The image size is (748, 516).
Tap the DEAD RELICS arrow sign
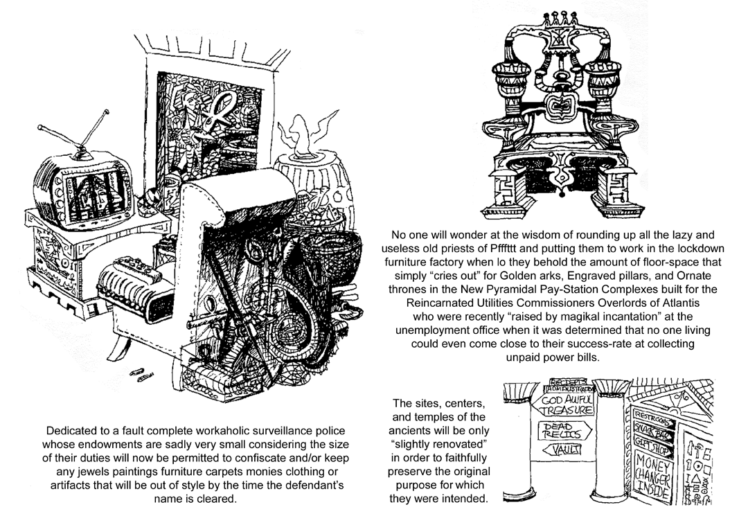pyautogui.click(x=562, y=431)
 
